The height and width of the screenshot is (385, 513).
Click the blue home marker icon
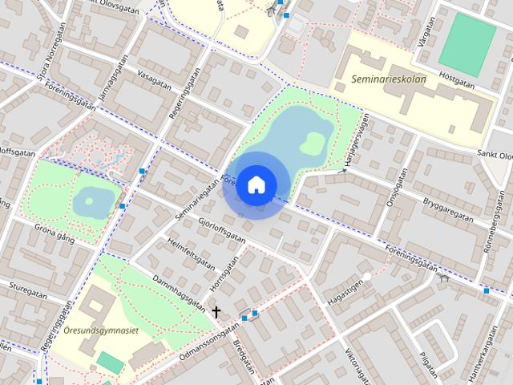(256, 184)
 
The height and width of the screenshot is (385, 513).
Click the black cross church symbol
(216, 310)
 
